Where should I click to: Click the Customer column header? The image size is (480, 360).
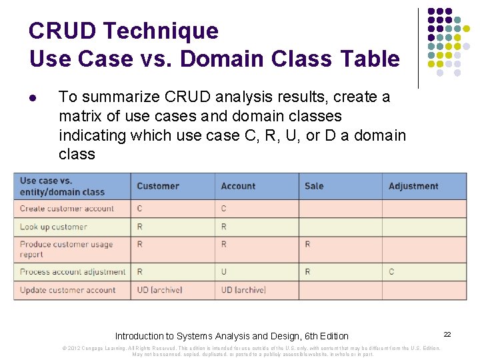[x=158, y=186]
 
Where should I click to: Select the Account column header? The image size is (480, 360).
[x=238, y=186]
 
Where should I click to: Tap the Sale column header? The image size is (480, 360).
[x=314, y=186]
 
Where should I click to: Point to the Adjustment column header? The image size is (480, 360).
[x=413, y=186]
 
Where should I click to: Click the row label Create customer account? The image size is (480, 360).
[x=67, y=209]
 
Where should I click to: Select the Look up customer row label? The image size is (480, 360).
[x=53, y=227]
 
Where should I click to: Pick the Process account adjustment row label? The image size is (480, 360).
[x=73, y=272]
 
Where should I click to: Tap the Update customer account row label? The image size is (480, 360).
[x=67, y=290]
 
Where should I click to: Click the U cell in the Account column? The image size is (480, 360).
[x=224, y=272]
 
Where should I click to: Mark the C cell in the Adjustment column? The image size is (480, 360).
[x=391, y=272]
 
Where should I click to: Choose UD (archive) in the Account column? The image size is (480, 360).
[x=243, y=290]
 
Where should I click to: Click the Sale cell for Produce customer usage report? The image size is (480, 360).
[x=307, y=245]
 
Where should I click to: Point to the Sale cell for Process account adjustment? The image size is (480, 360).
[x=307, y=272]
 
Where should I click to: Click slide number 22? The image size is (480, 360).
[x=447, y=333]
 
